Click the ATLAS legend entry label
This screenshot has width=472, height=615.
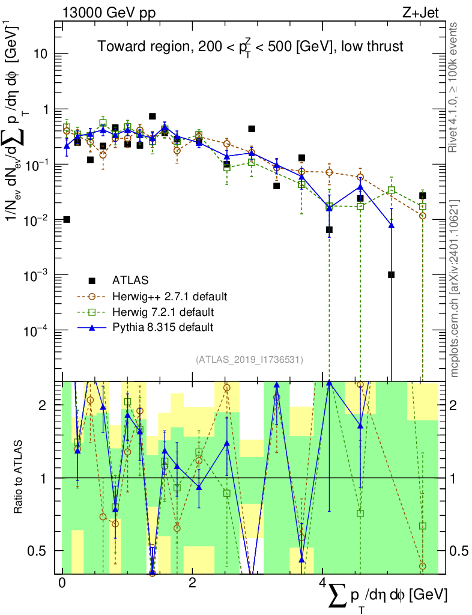pos(130,280)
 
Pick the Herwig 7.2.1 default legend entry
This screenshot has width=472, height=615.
pos(163,312)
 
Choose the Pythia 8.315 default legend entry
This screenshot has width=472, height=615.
pos(163,327)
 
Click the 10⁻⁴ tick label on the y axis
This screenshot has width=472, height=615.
pos(41,331)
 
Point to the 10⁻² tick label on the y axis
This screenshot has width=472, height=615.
pos(41,220)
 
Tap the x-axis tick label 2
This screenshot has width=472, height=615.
pos(192,583)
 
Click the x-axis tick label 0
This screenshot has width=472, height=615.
pos(62,583)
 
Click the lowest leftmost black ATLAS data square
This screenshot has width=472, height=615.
pos(67,219)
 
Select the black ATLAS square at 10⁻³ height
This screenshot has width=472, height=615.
pos(391,274)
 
